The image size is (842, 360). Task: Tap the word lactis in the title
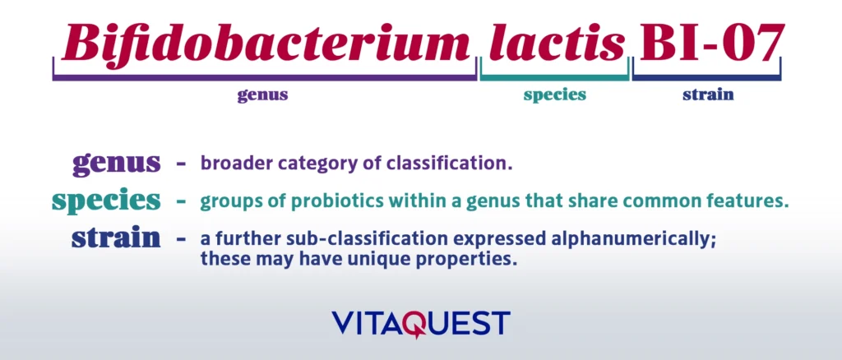[556, 43]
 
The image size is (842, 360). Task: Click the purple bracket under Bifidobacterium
[266, 79]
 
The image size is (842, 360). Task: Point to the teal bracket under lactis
[554, 79]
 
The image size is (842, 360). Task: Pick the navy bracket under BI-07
[708, 79]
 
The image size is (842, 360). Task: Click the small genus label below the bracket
[262, 95]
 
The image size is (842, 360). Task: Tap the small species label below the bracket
[555, 95]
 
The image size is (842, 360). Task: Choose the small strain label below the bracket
[708, 95]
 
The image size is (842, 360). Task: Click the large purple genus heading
[116, 162]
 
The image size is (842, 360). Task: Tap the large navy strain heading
[116, 238]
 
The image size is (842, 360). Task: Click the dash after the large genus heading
[181, 163]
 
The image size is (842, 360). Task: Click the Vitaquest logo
[421, 322]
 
